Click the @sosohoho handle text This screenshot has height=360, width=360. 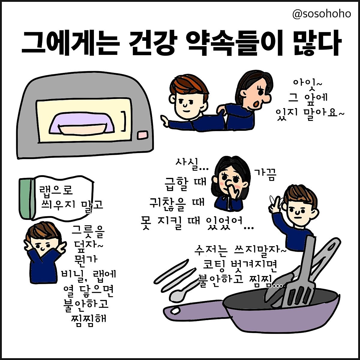pos(321,14)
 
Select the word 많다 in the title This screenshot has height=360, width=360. pos(316,43)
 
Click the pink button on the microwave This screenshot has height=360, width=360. pos(142,135)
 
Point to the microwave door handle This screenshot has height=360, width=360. pos(124,121)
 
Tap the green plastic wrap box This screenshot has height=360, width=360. pos(26,199)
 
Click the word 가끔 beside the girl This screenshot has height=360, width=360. pos(265,174)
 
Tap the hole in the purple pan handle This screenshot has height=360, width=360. pos(175,311)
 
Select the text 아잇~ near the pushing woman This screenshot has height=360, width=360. pos(307,83)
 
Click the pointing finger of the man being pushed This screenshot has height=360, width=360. pos(164,121)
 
